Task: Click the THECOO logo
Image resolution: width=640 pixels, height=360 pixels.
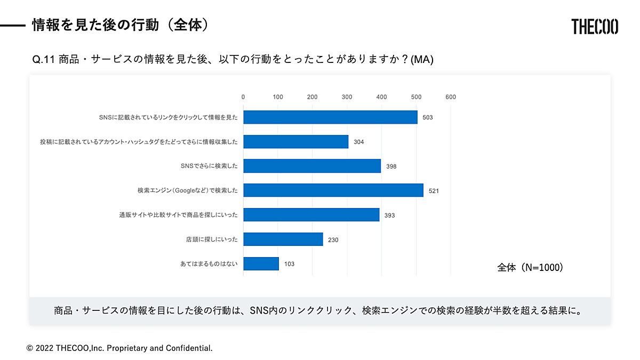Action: tap(595, 26)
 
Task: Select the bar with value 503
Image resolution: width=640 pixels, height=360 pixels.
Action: tap(330, 117)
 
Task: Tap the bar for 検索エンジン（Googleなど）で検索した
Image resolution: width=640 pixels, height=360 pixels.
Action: tap(333, 190)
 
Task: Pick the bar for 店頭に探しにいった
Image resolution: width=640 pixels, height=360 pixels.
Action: tap(283, 239)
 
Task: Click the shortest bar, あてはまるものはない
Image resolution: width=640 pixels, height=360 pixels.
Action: tap(261, 263)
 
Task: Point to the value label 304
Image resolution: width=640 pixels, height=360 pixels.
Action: tap(359, 142)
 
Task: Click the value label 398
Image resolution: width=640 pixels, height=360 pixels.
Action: tap(391, 166)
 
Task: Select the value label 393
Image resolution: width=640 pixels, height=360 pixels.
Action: tap(389, 215)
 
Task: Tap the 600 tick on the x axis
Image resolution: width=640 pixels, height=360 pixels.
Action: tap(451, 97)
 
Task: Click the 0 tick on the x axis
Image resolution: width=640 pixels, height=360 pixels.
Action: tap(243, 97)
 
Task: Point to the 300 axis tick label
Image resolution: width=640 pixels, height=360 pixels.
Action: tap(347, 97)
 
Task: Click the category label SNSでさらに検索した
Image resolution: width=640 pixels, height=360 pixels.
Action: tap(209, 166)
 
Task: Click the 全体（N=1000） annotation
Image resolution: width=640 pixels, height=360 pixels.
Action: tap(530, 268)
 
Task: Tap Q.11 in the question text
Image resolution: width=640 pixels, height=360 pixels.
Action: tap(44, 60)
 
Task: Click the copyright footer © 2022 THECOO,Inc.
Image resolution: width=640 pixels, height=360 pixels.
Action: tap(119, 348)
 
